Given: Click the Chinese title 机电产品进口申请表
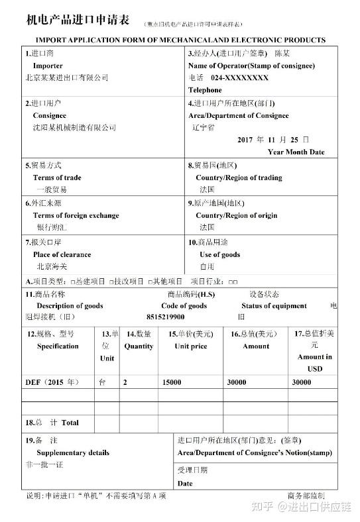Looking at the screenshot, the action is click(78, 21).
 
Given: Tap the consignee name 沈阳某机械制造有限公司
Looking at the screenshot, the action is click(74, 127).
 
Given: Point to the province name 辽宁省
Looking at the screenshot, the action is click(202, 127).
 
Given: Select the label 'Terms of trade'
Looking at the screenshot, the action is click(57, 178).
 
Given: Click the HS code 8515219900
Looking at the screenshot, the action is click(184, 317).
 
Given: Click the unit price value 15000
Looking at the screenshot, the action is click(172, 382).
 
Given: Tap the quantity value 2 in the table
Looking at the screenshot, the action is click(125, 382).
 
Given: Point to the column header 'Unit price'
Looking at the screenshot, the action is click(191, 346).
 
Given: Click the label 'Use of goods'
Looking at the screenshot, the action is click(219, 254).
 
